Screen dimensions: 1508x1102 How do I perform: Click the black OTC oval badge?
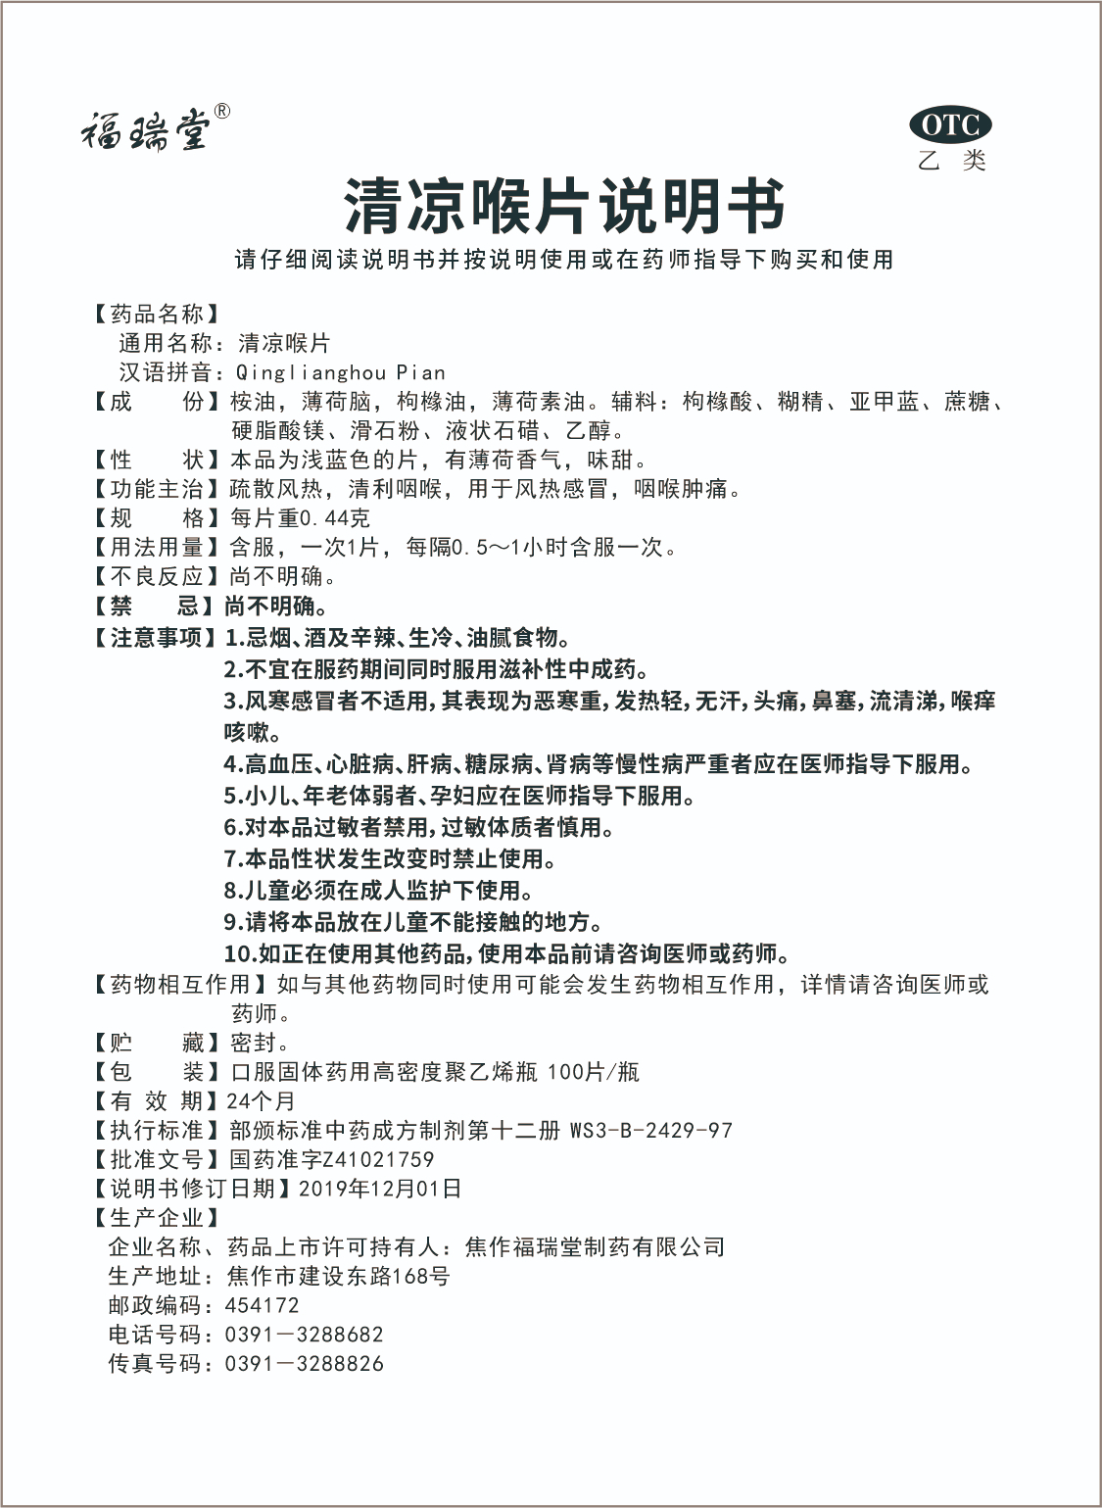[950, 125]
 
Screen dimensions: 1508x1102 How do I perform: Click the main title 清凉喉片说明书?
[564, 207]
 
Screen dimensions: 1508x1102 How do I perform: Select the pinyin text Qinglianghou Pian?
[341, 373]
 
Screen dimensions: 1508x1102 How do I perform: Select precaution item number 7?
[390, 859]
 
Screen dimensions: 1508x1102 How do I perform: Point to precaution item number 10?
[506, 953]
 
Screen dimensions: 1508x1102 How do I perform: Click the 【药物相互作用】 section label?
[181, 984]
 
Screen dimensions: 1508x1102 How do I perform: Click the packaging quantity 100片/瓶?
[593, 1072]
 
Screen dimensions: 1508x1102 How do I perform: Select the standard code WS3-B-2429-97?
[650, 1131]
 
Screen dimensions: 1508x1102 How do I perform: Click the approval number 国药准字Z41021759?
[331, 1160]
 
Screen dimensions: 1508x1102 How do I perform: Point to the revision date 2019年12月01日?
[379, 1190]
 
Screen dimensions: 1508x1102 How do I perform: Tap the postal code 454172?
[263, 1306]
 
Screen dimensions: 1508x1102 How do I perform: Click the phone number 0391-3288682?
[304, 1335]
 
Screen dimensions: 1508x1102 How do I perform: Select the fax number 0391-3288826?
[304, 1364]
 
